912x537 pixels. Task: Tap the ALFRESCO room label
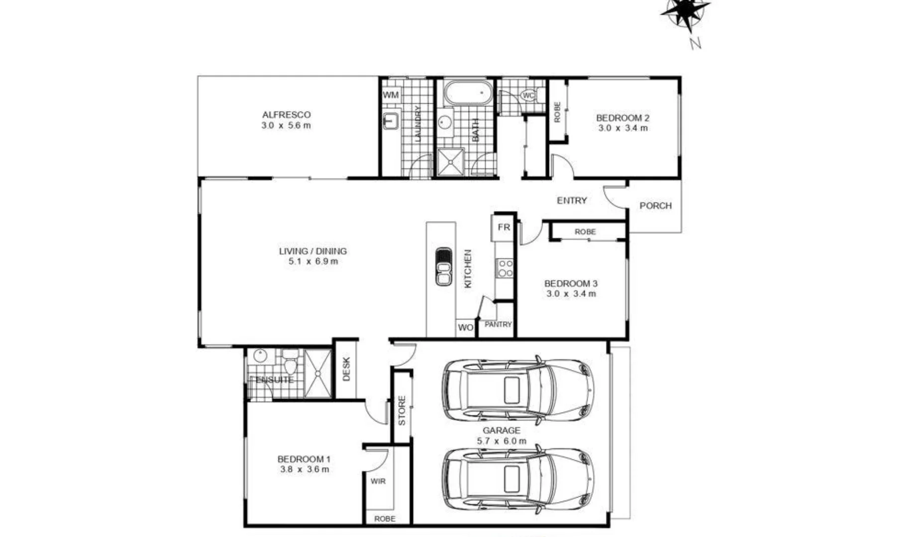tap(286, 115)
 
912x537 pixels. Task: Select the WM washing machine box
tap(391, 94)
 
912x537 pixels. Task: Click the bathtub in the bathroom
tap(468, 92)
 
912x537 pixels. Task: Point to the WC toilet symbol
tap(528, 95)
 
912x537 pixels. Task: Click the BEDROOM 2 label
tap(622, 118)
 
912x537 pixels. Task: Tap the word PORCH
tap(655, 205)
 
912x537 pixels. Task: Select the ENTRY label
tap(572, 200)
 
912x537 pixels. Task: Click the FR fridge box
tap(504, 227)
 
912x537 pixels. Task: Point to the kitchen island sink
tap(443, 267)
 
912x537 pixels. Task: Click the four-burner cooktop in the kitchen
tap(505, 268)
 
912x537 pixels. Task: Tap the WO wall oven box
tap(465, 328)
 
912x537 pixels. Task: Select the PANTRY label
tap(498, 324)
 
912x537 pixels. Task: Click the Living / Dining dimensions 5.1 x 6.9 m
tap(313, 262)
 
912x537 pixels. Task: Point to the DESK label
tap(346, 369)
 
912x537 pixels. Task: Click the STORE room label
tap(402, 410)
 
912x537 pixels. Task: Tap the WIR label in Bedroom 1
tap(378, 481)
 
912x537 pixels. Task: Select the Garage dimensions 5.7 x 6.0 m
tap(501, 441)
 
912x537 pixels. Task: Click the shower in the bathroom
tap(450, 162)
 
